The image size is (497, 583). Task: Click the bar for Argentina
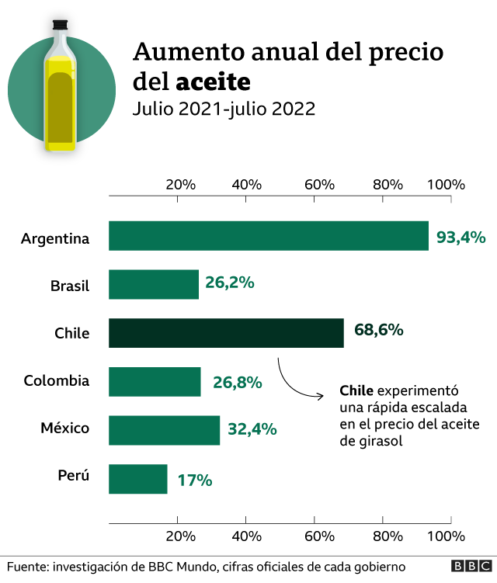coord(268,236)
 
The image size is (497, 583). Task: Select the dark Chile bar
coord(226,333)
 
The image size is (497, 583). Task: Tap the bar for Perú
coord(137,479)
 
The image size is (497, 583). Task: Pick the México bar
coord(164,430)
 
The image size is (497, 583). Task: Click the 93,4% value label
coord(461,237)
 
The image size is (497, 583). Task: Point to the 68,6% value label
coord(378,329)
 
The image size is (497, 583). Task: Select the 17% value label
coord(195,480)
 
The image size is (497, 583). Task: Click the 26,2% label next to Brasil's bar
coord(230,283)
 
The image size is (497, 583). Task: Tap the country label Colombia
coord(57,381)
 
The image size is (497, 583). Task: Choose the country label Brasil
coord(70,286)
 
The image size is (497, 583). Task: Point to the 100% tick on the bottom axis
coord(446,536)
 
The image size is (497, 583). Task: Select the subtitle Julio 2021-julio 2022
coord(224,109)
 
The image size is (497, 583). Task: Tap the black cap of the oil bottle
coord(61,25)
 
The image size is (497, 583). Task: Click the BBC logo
coord(467,567)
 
